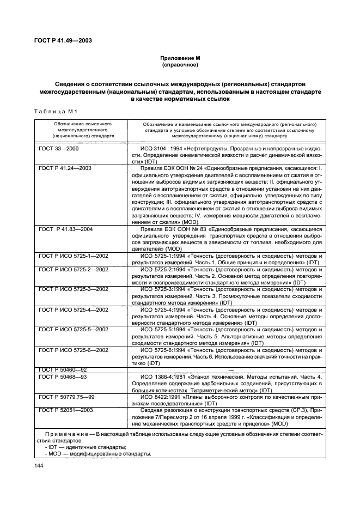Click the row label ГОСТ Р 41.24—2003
[65, 168]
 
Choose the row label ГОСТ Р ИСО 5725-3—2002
[74, 289]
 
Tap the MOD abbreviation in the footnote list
[54, 454]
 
